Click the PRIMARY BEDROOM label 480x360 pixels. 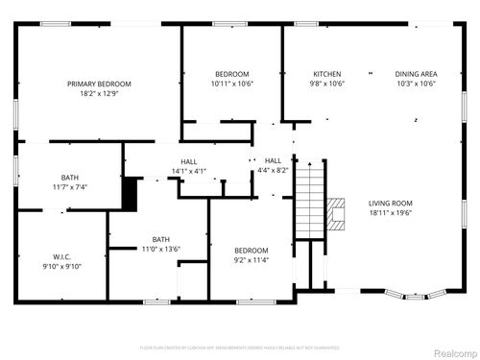[99, 84]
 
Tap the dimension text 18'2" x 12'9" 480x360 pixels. [99, 94]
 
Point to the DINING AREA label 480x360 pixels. [416, 74]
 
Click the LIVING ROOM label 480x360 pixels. [390, 203]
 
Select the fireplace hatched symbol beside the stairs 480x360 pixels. [335, 210]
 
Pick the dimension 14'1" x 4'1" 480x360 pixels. [189, 171]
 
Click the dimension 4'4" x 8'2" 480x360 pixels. [273, 170]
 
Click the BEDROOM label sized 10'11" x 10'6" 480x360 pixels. [231, 74]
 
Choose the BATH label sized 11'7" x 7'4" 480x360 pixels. [70, 177]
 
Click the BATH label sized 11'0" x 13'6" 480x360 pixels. [161, 239]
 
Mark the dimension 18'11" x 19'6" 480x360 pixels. [390, 213]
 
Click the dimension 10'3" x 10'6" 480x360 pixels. [416, 84]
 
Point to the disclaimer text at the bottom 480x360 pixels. [239, 347]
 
